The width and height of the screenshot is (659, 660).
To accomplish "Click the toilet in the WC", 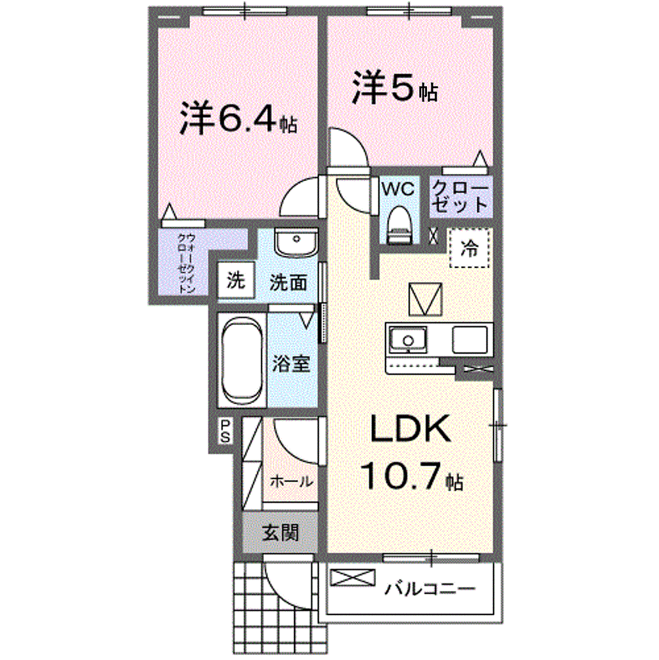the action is click(398, 224).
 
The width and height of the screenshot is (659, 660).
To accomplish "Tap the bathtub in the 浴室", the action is click(242, 360).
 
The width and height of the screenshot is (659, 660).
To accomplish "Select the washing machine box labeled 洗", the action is click(236, 280).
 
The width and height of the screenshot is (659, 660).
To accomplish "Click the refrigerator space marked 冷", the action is click(469, 248).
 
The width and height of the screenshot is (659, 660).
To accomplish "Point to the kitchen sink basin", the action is click(408, 339).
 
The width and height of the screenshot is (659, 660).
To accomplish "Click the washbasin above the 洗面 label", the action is click(296, 242).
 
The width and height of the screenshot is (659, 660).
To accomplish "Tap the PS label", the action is click(225, 431).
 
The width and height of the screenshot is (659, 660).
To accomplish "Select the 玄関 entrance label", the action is click(281, 533).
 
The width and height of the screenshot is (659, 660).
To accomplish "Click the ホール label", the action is click(291, 481).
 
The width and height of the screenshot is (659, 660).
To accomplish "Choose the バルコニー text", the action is click(430, 588).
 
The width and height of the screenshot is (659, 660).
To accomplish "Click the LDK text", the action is click(410, 428).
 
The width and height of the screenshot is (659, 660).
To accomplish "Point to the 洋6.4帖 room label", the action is click(238, 119).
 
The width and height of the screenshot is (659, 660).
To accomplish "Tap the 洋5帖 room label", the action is click(395, 87).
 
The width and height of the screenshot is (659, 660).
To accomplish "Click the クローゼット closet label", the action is click(460, 196).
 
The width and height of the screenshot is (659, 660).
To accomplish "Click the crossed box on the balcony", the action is click(353, 577).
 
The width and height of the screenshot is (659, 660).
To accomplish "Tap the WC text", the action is click(398, 189).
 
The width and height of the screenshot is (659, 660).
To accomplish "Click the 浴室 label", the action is click(291, 363).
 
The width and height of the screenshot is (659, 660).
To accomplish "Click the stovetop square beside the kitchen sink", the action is click(470, 340).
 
